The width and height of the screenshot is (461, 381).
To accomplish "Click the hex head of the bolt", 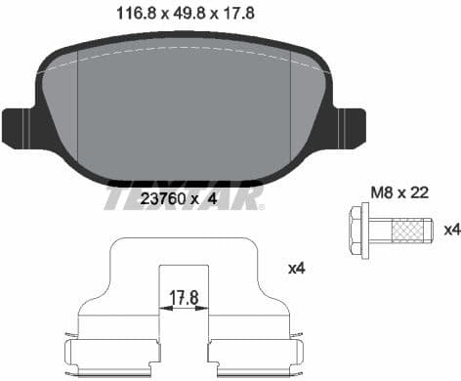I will click(358, 230).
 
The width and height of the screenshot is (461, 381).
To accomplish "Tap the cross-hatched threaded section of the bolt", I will click(409, 230).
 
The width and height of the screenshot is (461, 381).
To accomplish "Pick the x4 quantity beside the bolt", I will click(450, 230).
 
